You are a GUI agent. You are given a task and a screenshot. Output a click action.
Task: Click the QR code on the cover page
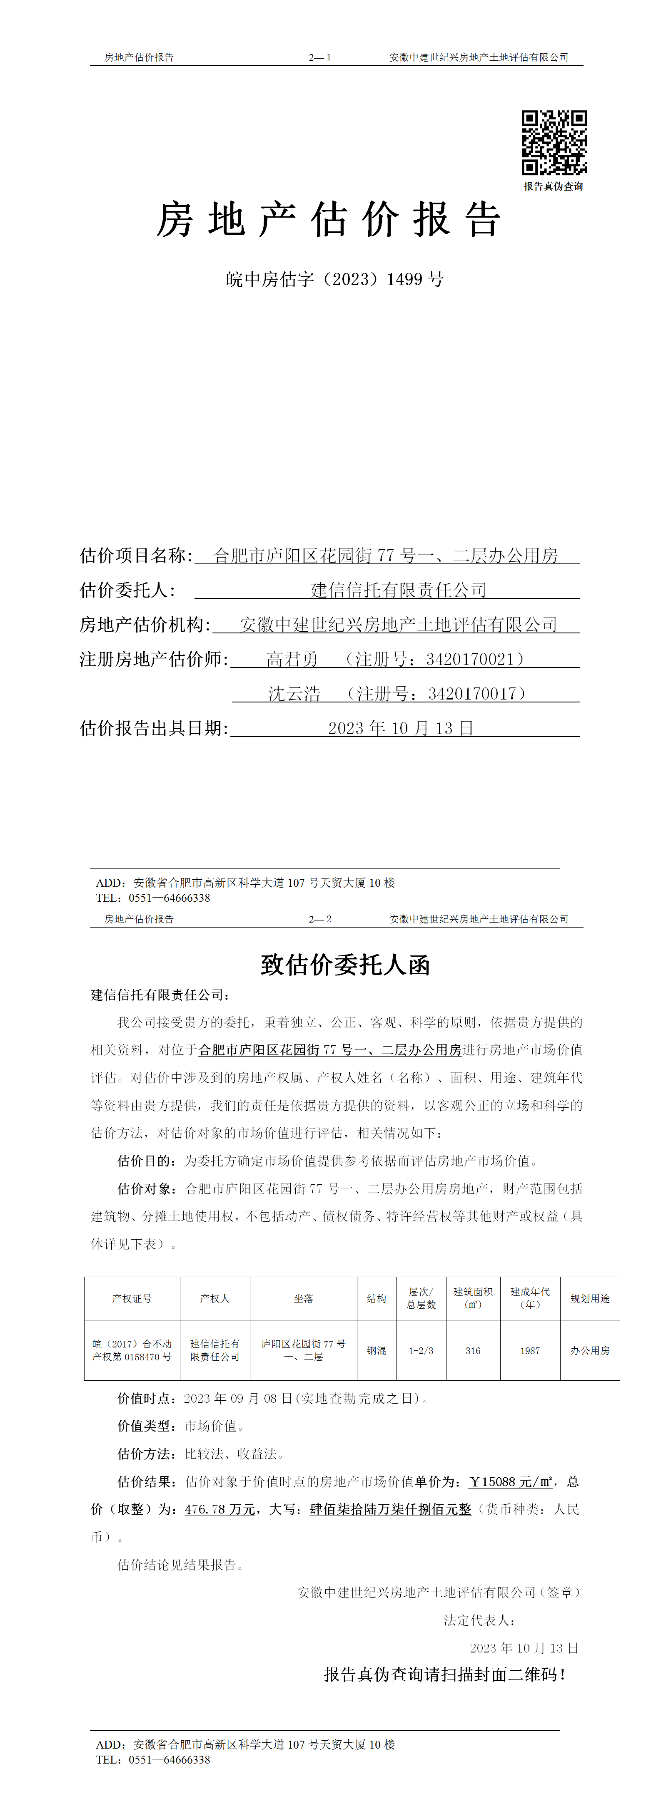(554, 142)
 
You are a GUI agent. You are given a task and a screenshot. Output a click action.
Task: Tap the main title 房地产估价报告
(329, 219)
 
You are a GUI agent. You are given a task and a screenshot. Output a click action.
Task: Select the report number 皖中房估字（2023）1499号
(334, 279)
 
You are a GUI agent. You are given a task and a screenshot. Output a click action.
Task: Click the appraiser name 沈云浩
(294, 694)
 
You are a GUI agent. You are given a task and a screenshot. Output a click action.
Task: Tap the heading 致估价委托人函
(345, 965)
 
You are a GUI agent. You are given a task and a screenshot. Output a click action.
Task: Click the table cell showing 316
(473, 1351)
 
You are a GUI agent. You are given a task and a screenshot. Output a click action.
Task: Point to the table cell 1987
(530, 1351)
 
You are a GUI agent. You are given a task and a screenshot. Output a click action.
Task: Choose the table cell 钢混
(376, 1351)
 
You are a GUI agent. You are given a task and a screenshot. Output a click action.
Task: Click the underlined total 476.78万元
(220, 1509)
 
